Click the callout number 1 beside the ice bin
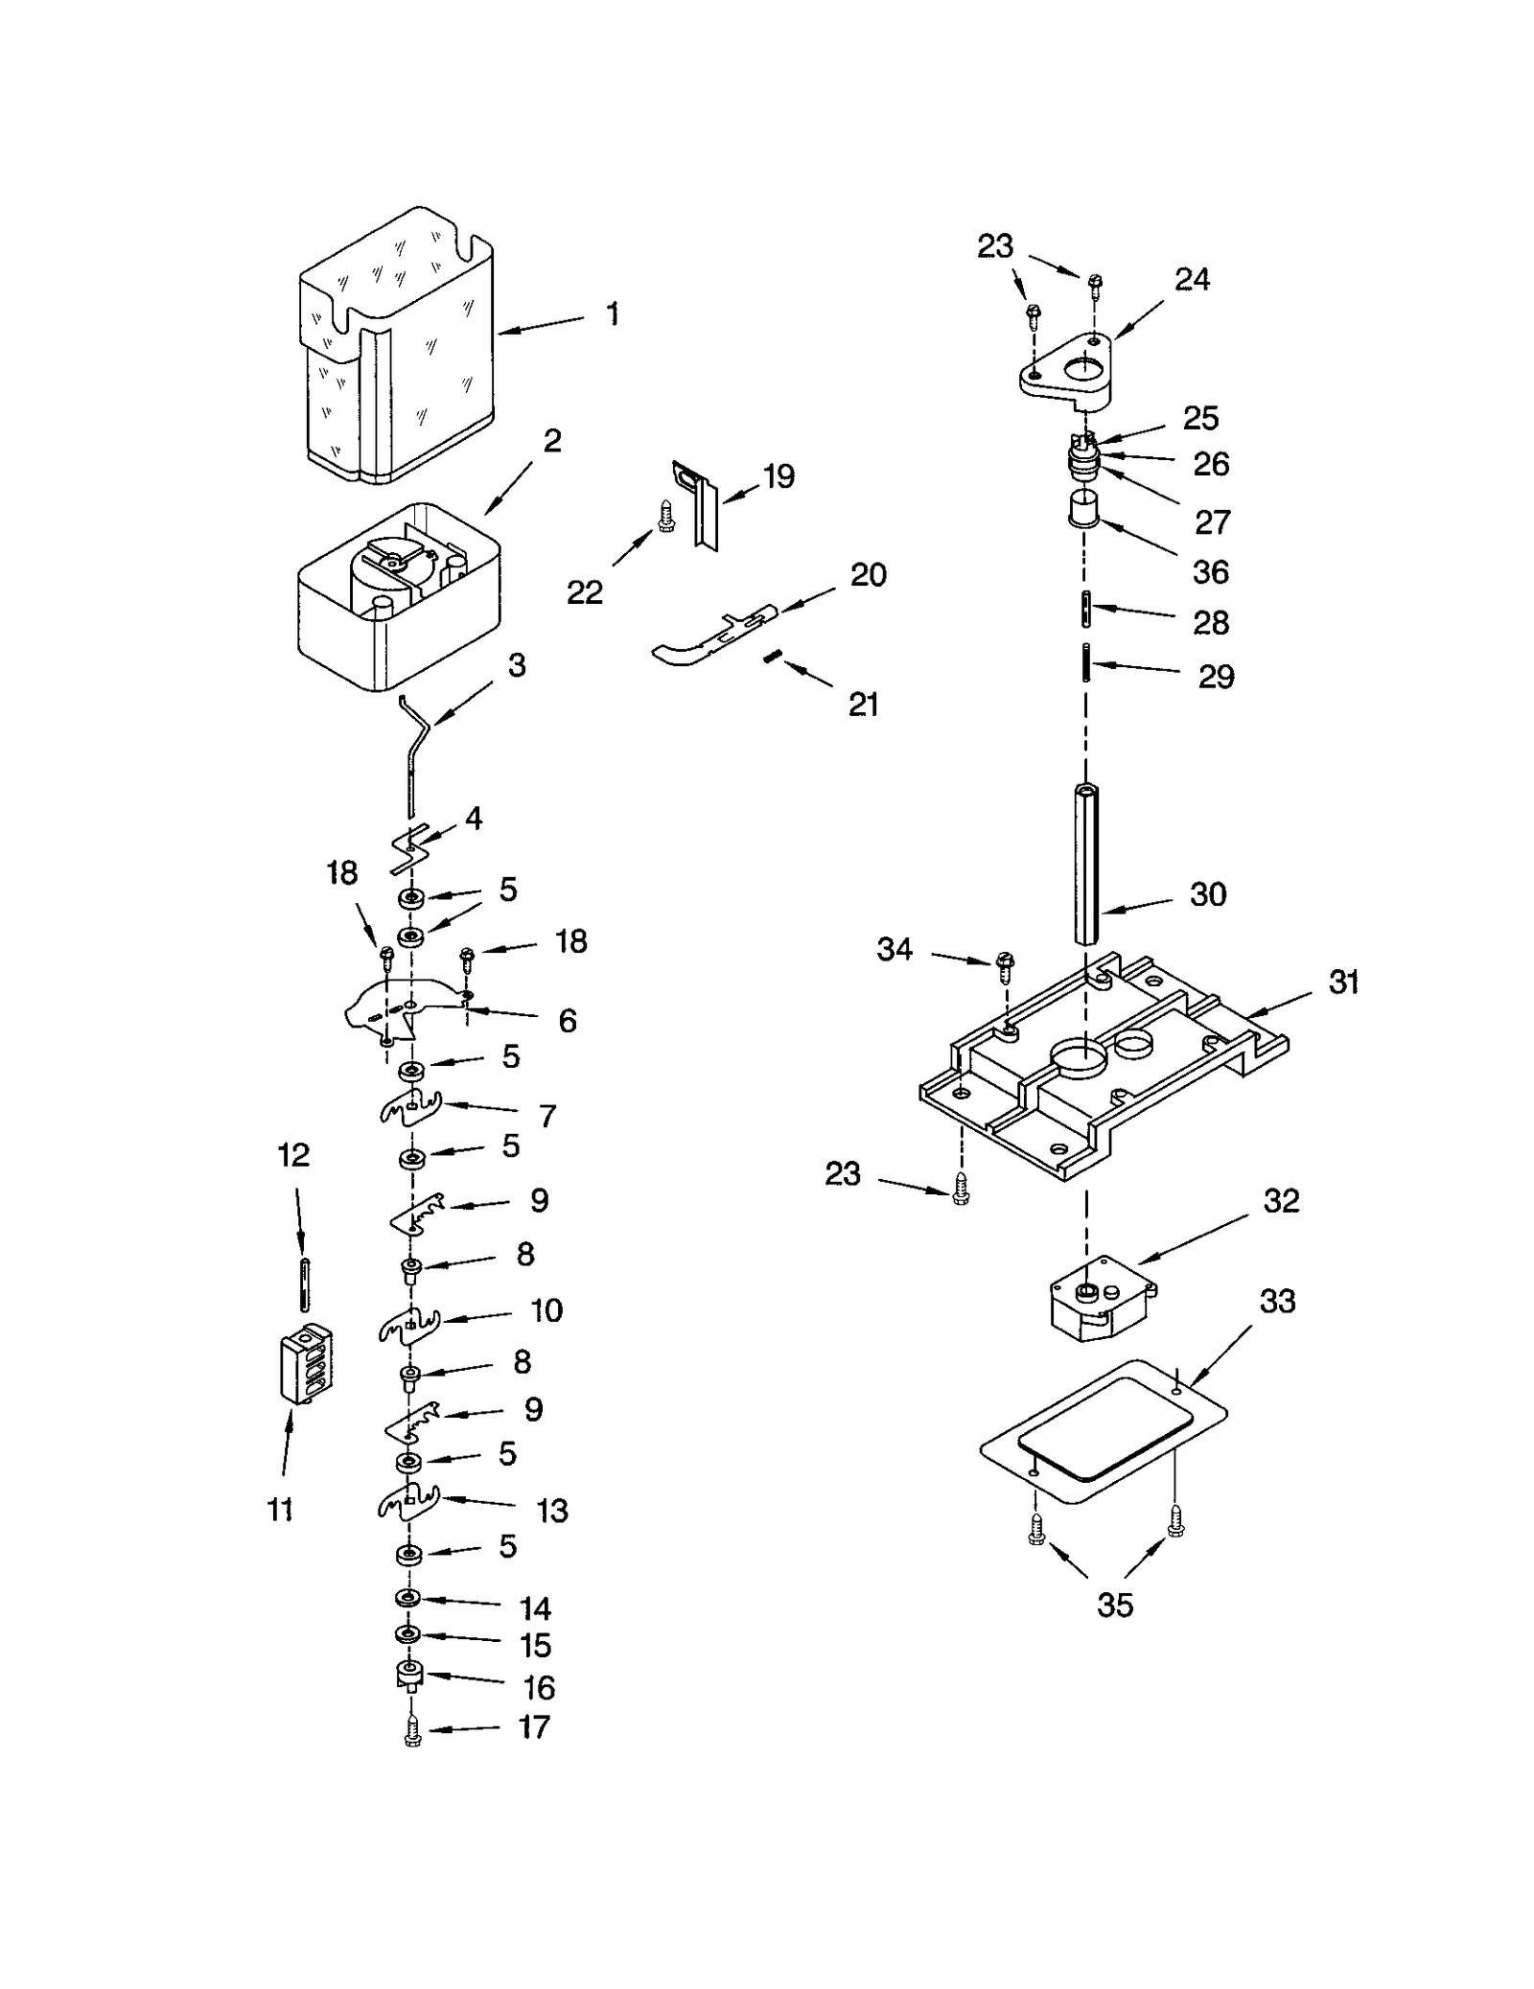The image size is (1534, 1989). coord(613,314)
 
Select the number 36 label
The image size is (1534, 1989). coord(1210,572)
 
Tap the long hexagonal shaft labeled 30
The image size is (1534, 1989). coord(1085,863)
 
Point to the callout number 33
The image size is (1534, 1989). coord(1277,1301)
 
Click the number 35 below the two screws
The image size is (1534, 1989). coord(1114,1605)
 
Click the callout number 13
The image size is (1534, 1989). coord(552,1512)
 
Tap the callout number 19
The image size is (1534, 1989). coord(779,476)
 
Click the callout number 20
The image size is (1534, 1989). coord(868,575)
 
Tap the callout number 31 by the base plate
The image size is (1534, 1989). coord(1343,983)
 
